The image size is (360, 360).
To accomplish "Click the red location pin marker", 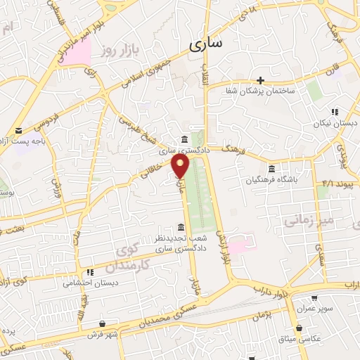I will (x=181, y=167).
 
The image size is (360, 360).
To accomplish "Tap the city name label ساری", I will (x=205, y=44).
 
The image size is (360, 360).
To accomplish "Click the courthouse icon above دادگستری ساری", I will (x=184, y=139).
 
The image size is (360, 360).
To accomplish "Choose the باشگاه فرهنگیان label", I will (x=269, y=179).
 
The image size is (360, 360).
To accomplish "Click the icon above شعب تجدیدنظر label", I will (x=181, y=227).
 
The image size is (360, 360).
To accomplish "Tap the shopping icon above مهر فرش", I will (x=103, y=323).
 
